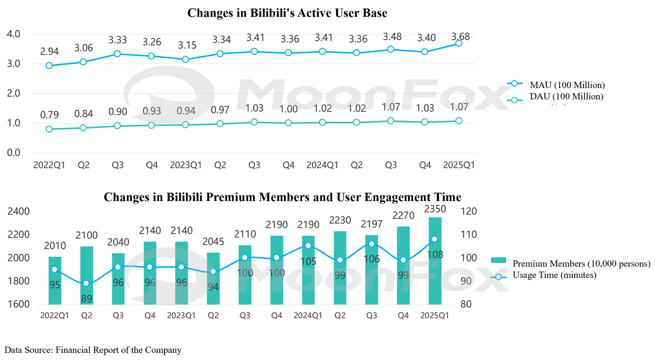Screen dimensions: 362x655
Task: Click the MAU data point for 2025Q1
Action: [x=458, y=43]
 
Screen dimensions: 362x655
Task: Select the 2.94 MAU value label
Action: [x=49, y=52]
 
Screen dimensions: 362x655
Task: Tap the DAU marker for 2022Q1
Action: [x=49, y=129]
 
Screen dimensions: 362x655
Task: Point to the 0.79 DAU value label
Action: [x=49, y=115]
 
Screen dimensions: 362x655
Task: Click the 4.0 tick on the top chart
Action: [x=14, y=34]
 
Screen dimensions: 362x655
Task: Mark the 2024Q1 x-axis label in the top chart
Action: [x=322, y=165]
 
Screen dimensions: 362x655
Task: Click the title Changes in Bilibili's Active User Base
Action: [x=287, y=13]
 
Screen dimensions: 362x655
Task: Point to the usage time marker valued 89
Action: [x=86, y=283]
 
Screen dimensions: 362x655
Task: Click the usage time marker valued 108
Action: [x=435, y=239]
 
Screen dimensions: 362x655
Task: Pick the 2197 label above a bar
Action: [x=371, y=224]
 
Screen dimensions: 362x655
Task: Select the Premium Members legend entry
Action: [x=581, y=264]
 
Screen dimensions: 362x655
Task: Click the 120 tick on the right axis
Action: [x=469, y=211]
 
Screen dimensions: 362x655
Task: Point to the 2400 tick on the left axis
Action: [x=18, y=211]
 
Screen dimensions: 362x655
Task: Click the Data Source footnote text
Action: [x=93, y=350]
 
